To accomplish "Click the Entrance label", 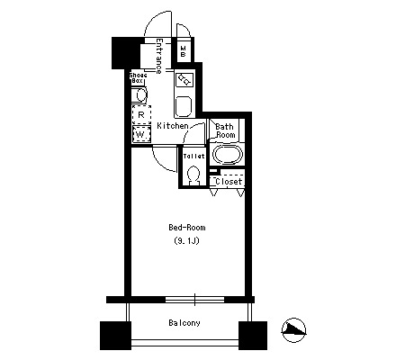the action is (158, 56).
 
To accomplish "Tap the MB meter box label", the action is (183, 51).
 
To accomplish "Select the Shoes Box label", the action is (138, 77).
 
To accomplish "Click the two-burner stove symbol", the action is (184, 79).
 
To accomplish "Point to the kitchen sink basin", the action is (184, 106).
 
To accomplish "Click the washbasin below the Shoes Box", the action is (139, 95).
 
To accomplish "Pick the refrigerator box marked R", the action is (141, 114).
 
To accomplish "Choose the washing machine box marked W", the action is (141, 134).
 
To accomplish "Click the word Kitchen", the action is (173, 126).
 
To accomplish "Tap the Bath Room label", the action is (225, 130).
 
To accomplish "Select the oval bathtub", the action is (228, 155).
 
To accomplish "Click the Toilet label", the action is (193, 156).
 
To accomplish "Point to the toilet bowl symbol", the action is (193, 175).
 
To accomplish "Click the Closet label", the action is (229, 182).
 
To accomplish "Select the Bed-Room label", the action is (187, 228).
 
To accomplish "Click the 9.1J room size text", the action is (186, 240).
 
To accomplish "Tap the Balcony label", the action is (184, 323).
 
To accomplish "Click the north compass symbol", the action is (293, 330).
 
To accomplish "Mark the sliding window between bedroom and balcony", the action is (194, 300).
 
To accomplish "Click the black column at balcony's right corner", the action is (253, 336).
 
